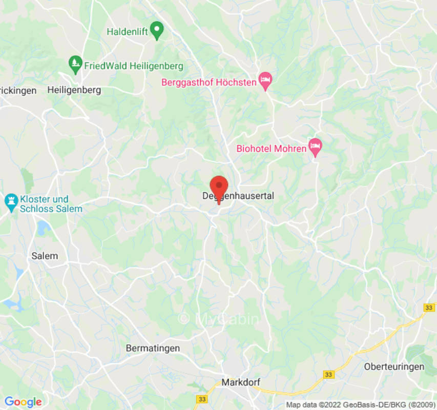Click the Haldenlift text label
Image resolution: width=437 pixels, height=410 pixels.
127,32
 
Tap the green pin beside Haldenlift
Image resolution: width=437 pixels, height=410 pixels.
158,30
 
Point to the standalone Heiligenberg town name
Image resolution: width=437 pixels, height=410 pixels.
74,90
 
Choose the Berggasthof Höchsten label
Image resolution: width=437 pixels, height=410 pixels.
209,82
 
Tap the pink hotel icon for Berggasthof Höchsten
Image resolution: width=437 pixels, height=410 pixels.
265,80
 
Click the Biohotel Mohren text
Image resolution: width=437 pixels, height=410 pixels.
271,149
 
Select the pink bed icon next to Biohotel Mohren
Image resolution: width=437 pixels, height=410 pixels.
315,147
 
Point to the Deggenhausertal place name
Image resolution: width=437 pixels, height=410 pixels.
238,196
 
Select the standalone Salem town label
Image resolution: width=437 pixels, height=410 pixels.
45,256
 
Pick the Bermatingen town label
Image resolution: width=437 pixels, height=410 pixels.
153,348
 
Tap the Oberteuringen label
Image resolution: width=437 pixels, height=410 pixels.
394,366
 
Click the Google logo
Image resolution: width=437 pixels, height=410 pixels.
23,402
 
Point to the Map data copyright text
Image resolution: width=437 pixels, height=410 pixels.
360,405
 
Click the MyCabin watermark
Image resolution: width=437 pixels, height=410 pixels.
219,319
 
